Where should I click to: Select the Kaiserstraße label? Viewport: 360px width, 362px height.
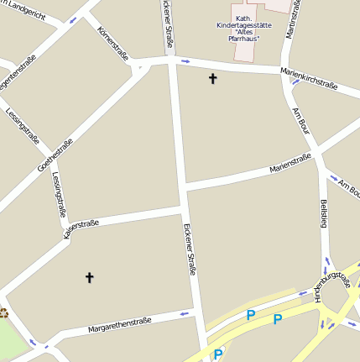(x=81, y=228)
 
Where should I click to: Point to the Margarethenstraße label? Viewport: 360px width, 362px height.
(x=119, y=324)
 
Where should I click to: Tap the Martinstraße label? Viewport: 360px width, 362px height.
(x=291, y=18)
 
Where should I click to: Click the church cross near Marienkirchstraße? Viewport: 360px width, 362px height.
(x=212, y=79)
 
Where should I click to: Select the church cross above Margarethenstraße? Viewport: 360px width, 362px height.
(x=89, y=276)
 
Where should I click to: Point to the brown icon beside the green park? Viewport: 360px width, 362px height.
(x=3, y=313)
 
